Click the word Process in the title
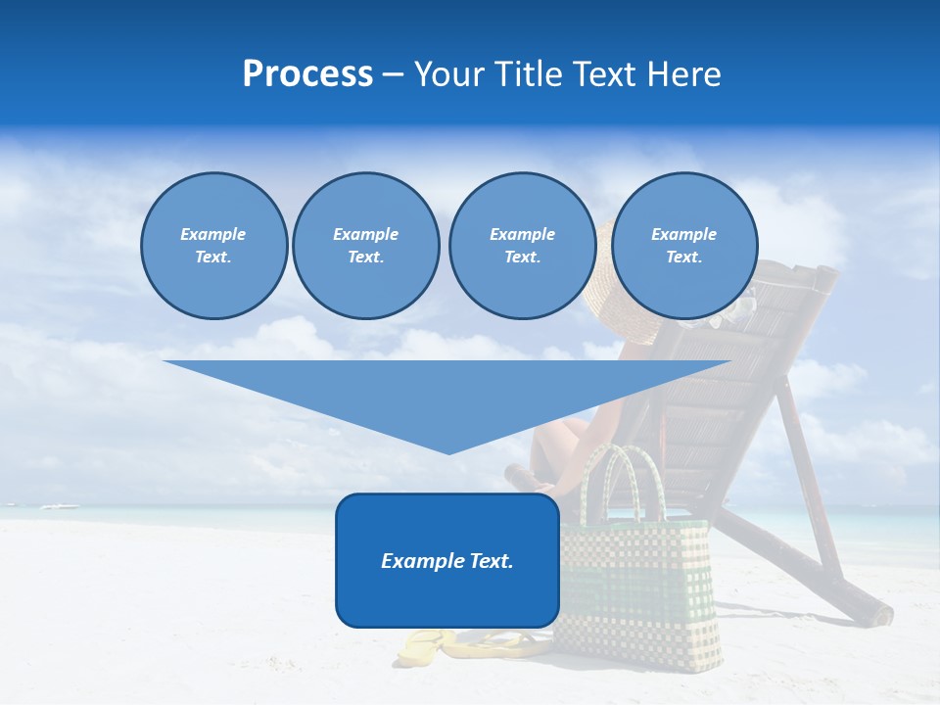pos(307,74)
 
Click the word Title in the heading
pos(528,74)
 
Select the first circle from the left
pos(214,246)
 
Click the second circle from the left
pos(365,246)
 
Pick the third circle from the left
pos(522,246)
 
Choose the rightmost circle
pos(684,246)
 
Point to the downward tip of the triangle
pos(448,450)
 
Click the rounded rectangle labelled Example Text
pos(447,587)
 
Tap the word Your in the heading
pos(449,74)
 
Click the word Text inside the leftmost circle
pos(213,258)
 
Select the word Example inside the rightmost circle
pos(684,234)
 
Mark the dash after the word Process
pos(394,74)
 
